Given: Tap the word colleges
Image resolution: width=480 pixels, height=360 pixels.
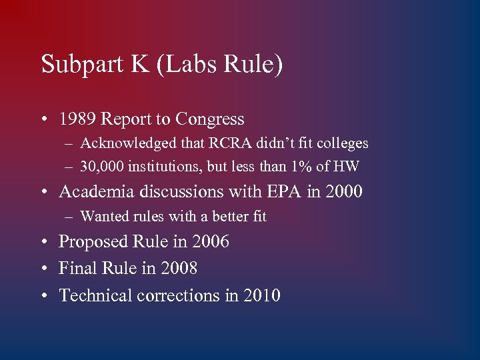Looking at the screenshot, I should click(342, 143).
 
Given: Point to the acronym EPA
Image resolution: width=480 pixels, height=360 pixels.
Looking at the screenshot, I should click(283, 192).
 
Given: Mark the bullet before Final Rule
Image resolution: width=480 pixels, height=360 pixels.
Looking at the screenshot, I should click(44, 269).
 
